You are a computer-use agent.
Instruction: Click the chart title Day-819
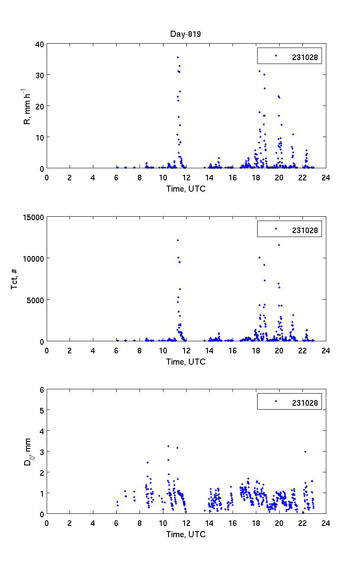pos(186,34)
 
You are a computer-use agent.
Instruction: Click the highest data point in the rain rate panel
pos(178,58)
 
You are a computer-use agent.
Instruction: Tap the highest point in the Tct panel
pos(178,240)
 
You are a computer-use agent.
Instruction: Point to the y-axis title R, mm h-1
pos(27,106)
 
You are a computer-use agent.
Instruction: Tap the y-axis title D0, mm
pos(27,452)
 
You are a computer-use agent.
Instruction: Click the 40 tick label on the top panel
pos(39,44)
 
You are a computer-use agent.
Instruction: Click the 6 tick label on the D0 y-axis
pos(41,390)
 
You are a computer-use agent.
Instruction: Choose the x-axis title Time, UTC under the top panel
pos(186,189)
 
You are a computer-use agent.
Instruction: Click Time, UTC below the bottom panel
pos(186,534)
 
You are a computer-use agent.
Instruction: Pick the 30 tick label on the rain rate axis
pos(39,75)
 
